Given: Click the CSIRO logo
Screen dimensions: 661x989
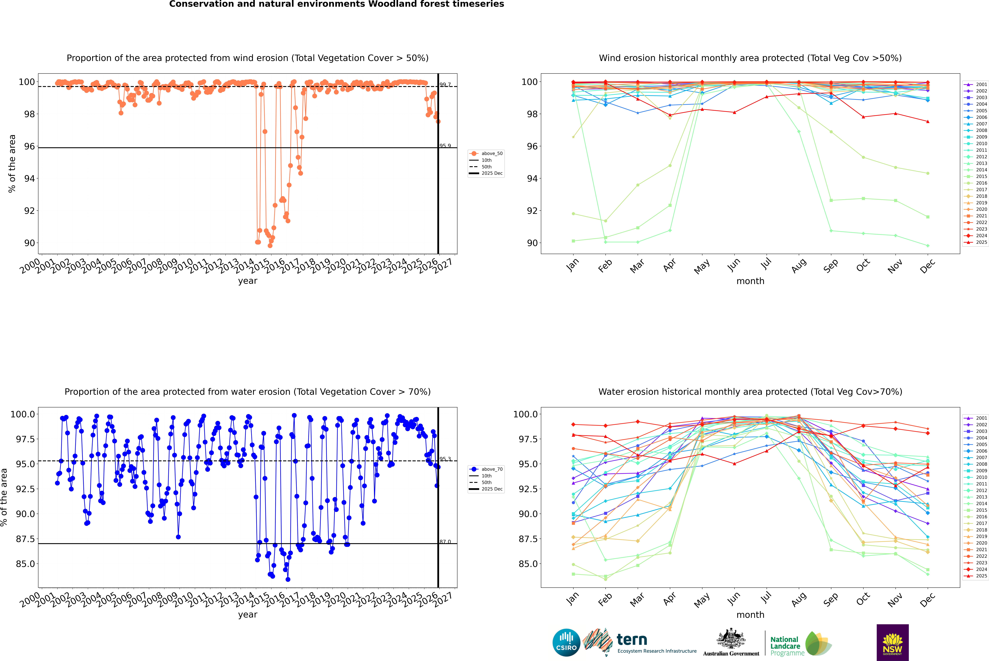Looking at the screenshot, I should (x=566, y=642).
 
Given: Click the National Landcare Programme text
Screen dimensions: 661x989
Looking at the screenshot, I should (x=785, y=646).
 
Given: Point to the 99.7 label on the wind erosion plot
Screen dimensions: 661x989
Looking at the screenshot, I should (x=445, y=85).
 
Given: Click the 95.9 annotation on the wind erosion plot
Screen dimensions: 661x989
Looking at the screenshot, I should (x=445, y=146).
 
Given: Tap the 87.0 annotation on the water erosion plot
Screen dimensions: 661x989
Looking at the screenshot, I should (x=445, y=542).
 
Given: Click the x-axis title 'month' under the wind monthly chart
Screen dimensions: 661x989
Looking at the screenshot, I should (x=750, y=281).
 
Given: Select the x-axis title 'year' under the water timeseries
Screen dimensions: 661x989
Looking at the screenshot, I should (x=247, y=615).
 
